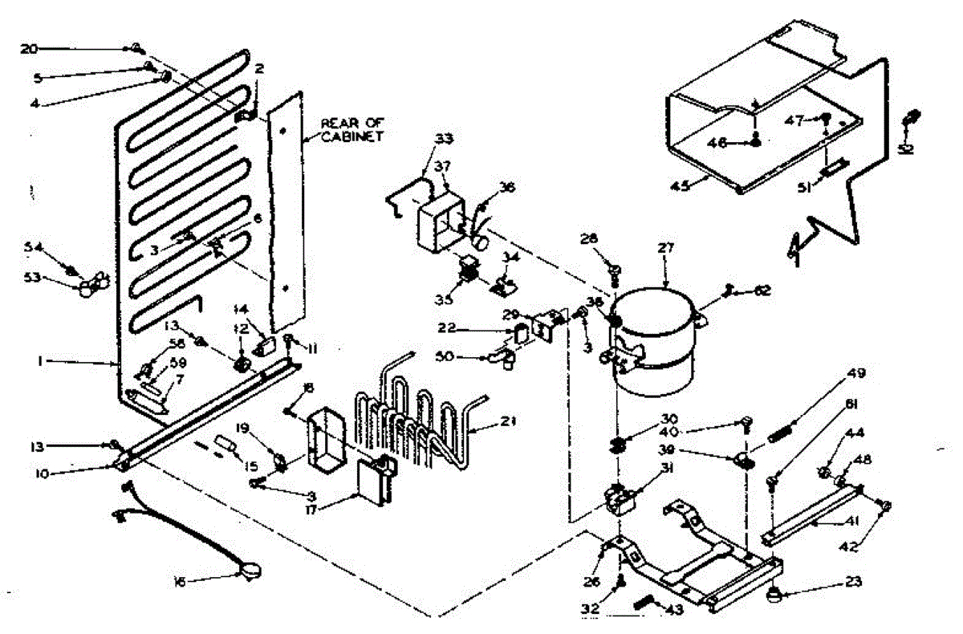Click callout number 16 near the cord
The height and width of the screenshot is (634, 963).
pos(179,583)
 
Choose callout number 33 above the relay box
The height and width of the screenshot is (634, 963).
pos(443,139)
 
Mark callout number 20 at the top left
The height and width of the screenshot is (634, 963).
pos(29,49)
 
